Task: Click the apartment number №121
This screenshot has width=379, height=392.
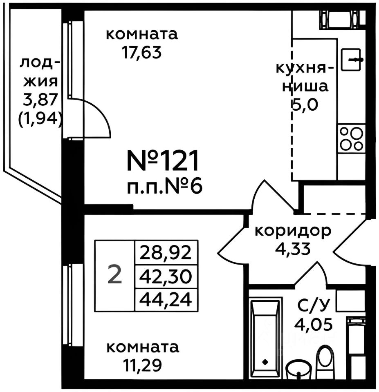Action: point(163,160)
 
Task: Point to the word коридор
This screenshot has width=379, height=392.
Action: point(293,232)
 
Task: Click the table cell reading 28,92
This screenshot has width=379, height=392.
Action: point(166,254)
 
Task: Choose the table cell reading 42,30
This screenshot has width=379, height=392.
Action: point(166,277)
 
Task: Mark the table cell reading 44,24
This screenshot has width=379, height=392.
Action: point(166,301)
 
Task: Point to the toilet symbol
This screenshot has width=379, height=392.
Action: point(326,357)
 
